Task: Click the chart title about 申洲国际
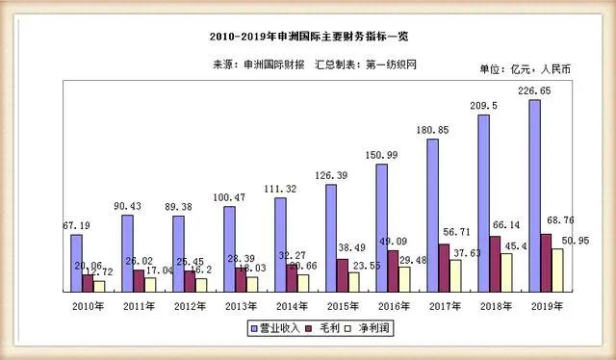tap(309, 36)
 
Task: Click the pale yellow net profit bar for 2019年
tap(556, 270)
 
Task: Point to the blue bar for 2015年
tap(331, 237)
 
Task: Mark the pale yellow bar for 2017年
tap(455, 274)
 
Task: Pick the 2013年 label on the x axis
tap(241, 305)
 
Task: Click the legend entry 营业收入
tap(280, 328)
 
